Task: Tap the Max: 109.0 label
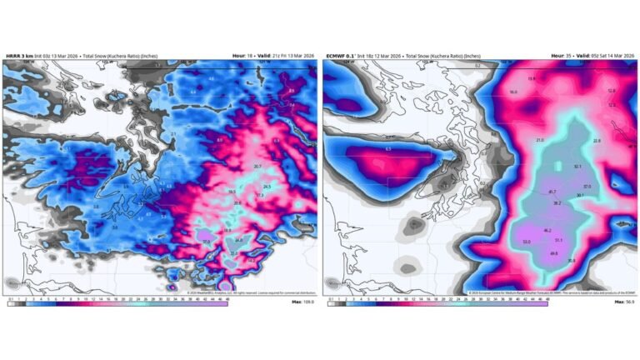302,303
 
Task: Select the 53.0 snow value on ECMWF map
526,242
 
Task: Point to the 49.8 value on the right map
553,252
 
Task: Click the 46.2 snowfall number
547,230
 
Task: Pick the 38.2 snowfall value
557,203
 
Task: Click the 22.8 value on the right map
597,141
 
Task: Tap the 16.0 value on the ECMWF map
513,92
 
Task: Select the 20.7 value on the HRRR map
257,167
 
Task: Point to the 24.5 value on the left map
267,187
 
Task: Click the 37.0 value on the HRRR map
206,242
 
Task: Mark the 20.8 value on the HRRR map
237,203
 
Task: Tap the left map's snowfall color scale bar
117,303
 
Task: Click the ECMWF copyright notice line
542,293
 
